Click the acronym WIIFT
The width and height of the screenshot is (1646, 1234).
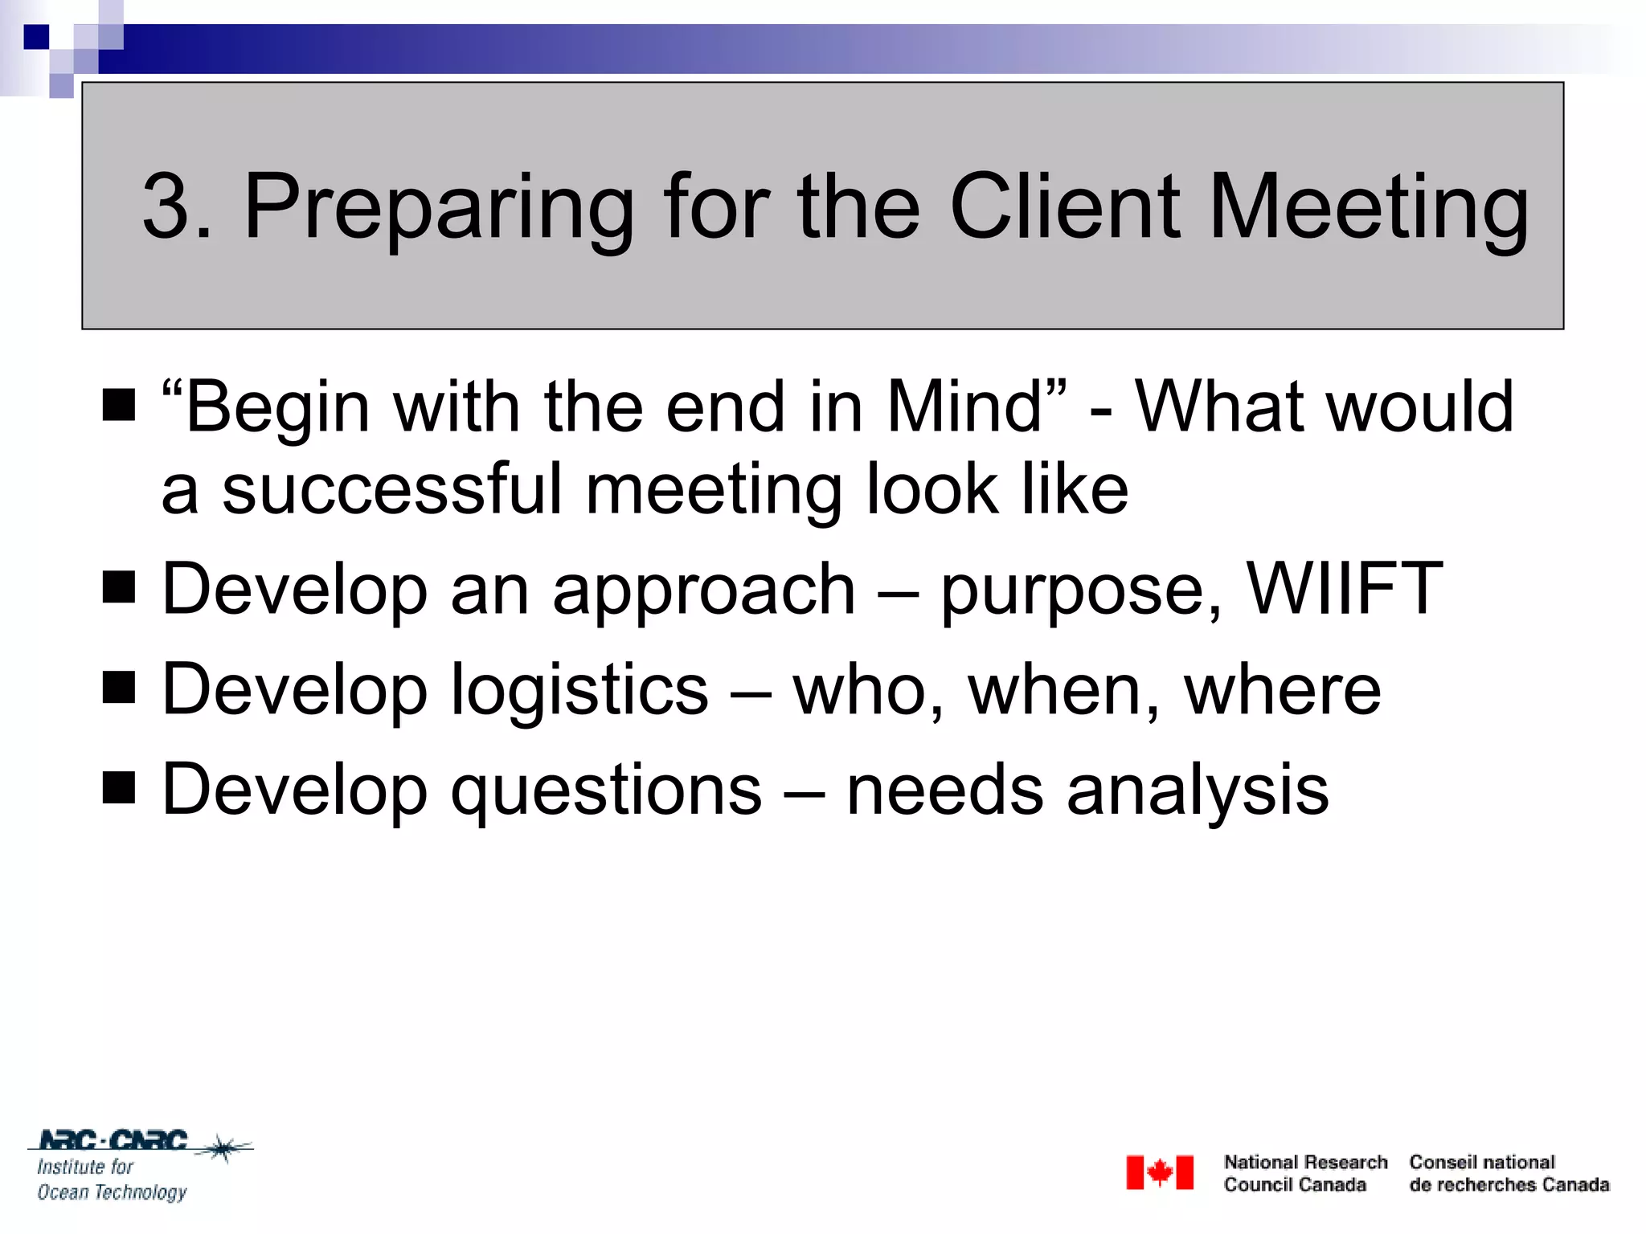point(1344,589)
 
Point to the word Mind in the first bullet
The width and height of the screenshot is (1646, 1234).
point(963,407)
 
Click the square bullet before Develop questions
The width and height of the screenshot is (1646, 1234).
point(119,788)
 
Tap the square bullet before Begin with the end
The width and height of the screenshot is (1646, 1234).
point(119,405)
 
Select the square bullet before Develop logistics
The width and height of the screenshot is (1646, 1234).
point(119,688)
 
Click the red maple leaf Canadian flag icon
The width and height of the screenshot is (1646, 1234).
point(1159,1173)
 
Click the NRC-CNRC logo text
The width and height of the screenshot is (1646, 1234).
point(113,1140)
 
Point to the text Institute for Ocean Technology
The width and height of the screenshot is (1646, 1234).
point(111,1179)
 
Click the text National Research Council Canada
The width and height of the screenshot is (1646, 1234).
point(1304,1173)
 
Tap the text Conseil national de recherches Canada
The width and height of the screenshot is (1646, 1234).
point(1509,1173)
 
